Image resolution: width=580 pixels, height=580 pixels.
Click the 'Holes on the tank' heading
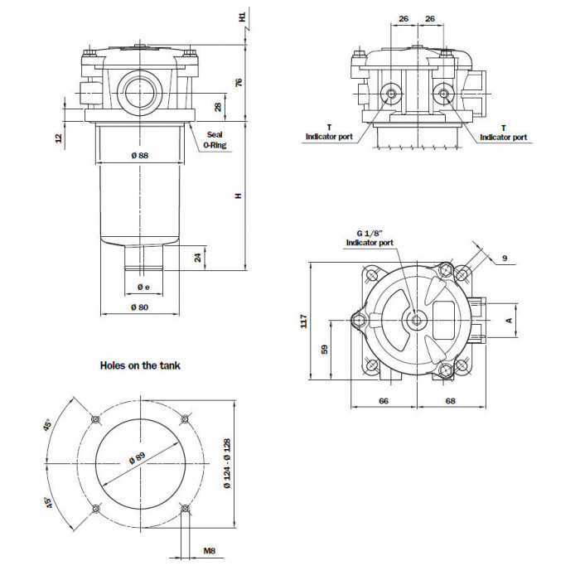(x=140, y=365)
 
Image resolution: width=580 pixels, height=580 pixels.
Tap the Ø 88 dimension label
(x=140, y=156)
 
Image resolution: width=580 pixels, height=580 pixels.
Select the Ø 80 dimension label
(x=140, y=307)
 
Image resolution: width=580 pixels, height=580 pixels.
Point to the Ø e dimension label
(x=143, y=287)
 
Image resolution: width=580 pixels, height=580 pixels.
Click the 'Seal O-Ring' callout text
(x=215, y=140)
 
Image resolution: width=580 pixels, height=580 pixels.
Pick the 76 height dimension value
(x=239, y=82)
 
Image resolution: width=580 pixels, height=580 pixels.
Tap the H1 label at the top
(x=242, y=17)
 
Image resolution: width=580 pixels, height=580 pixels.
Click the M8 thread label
(x=210, y=551)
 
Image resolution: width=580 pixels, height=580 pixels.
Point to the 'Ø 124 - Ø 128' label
(x=227, y=463)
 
